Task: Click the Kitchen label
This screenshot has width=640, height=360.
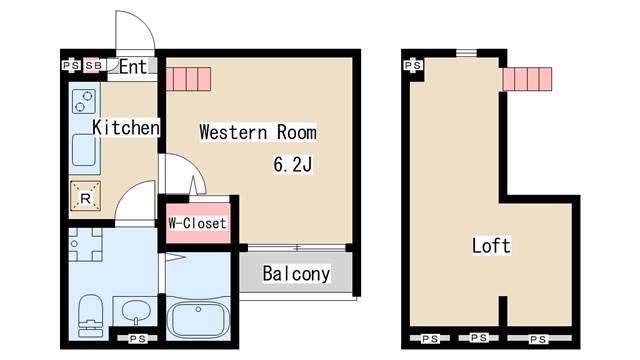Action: pos(126,127)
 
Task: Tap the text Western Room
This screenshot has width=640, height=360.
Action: pos(258,132)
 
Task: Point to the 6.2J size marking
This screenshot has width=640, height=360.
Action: pos(293,164)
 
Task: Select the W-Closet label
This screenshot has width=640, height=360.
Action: pos(198,223)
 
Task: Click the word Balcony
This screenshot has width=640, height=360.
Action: pos(296,273)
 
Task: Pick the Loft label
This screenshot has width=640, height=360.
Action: pos(491,245)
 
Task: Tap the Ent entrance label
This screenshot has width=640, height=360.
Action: pos(133,67)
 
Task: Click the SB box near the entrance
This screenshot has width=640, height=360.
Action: pos(93,65)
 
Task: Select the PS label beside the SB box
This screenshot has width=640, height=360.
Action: pos(71,65)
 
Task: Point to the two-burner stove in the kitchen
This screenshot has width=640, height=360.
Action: pos(84,101)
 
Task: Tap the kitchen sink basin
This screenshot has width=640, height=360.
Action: pos(84,150)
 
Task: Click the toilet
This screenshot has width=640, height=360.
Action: pos(91,316)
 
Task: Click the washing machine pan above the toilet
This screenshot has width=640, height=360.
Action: pos(85,244)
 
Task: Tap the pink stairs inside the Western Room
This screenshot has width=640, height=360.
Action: pos(189,79)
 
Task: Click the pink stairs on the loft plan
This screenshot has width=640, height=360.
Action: pos(527,79)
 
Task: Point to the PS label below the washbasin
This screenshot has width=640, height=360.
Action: pos(137,338)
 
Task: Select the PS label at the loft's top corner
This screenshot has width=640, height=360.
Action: pos(413,65)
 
